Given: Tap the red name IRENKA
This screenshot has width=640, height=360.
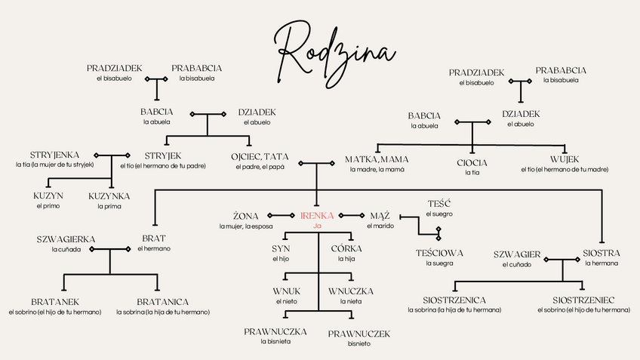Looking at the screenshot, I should tap(317, 216).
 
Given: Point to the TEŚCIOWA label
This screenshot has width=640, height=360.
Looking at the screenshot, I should tap(439, 253).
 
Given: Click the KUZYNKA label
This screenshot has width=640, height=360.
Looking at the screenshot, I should tap(109, 195).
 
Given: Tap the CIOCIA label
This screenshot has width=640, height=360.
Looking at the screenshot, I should tap(472, 162).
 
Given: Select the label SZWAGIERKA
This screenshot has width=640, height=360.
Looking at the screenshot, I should tap(66, 239).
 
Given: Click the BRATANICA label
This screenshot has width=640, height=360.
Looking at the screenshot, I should tap(163, 302).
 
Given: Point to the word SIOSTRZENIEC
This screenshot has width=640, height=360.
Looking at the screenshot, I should tap(586, 300).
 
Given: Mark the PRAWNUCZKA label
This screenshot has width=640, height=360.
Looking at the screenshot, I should tap(275, 331).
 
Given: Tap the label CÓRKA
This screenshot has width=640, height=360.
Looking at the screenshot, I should tap(346, 248).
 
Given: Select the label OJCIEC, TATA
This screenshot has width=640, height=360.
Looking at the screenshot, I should tap(260, 156).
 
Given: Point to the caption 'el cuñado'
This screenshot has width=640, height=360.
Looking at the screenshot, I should tap(517, 264).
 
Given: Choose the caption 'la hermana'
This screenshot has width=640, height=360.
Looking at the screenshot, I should tap(602, 263).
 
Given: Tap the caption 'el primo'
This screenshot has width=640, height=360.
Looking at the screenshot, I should tap(48, 205).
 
